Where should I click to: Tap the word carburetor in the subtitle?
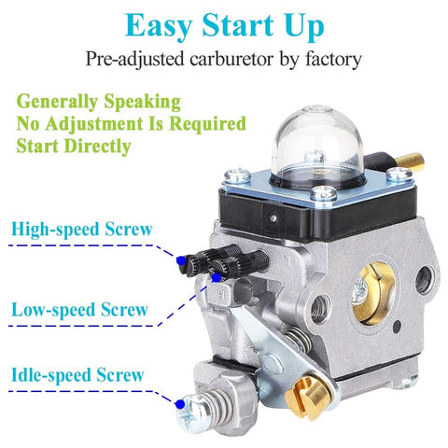pos(231,59)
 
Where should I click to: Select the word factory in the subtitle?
pos(333,59)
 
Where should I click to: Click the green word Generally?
pos(57,102)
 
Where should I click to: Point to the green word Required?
pos(208,123)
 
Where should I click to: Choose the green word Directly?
pos(98,147)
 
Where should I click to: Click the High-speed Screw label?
pos(82,230)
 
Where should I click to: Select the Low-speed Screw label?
pos(79,310)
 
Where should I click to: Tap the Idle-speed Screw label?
pos(77,374)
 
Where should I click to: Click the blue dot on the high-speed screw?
pos(180,260)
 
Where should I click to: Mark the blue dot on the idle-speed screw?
pos(179,404)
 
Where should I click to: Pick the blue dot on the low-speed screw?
pos(217,277)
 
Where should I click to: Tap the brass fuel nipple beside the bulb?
pos(410,161)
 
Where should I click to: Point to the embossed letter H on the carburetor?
pos(222,294)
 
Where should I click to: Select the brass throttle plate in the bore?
pos(374,293)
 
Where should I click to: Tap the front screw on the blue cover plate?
pos(324,194)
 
